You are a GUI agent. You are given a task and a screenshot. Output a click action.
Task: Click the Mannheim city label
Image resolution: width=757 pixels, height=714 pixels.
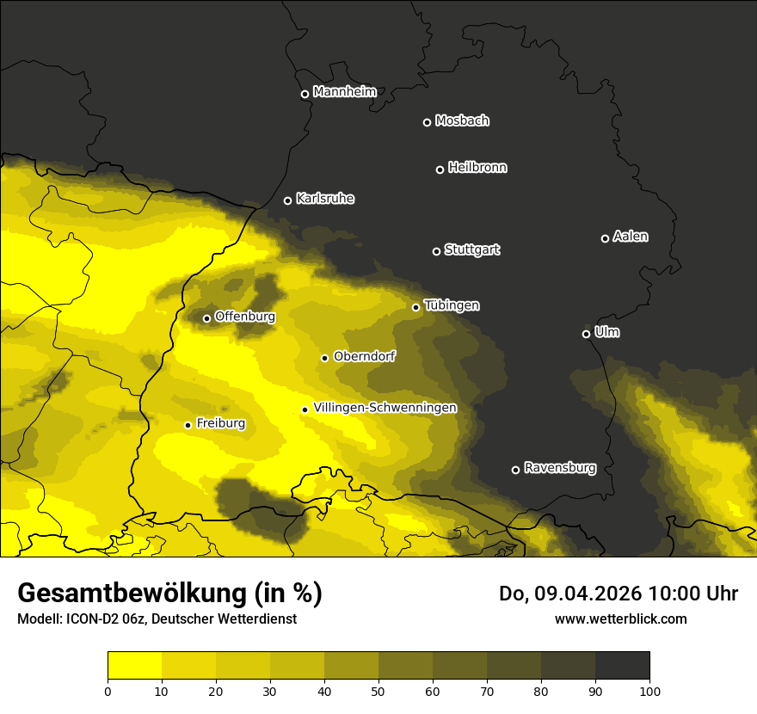tap(345, 92)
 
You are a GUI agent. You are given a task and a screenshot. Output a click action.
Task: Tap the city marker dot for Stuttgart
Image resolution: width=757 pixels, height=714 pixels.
tap(436, 251)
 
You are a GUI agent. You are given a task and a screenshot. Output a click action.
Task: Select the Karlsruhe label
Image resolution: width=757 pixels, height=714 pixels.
tap(325, 199)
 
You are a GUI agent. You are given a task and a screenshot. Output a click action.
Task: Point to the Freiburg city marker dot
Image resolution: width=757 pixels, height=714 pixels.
tap(188, 425)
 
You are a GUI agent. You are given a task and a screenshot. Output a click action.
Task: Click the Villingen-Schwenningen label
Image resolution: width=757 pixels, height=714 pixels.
tap(385, 408)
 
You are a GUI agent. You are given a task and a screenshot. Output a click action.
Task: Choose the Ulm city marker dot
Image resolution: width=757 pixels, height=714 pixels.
tap(586, 334)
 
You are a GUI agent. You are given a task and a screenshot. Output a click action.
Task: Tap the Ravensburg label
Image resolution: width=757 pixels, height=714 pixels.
tap(560, 468)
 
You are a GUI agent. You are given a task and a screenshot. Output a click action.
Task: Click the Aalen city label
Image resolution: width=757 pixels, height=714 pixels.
tap(631, 237)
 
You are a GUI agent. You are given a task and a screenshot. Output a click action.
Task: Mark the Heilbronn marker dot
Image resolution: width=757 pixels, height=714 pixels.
tap(440, 169)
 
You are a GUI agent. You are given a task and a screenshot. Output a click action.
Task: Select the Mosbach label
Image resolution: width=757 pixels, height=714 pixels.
tap(462, 120)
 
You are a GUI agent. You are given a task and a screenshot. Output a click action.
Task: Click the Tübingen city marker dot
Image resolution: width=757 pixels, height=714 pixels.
tap(415, 307)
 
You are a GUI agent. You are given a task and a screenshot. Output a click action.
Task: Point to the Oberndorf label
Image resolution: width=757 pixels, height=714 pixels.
tap(364, 356)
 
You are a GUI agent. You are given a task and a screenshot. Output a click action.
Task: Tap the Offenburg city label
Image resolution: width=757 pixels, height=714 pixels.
tap(245, 317)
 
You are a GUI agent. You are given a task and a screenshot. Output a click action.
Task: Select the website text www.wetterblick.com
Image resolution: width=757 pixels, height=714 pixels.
tap(620, 619)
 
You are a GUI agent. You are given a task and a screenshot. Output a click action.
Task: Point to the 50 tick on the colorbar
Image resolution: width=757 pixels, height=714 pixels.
tap(378, 690)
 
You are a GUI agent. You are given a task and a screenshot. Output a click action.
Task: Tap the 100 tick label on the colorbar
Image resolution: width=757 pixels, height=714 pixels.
tap(649, 690)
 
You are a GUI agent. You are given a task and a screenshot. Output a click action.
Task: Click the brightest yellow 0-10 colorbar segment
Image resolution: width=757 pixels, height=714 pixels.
tap(134, 666)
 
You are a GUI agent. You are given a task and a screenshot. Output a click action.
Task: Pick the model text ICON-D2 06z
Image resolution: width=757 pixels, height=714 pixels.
tap(102, 619)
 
